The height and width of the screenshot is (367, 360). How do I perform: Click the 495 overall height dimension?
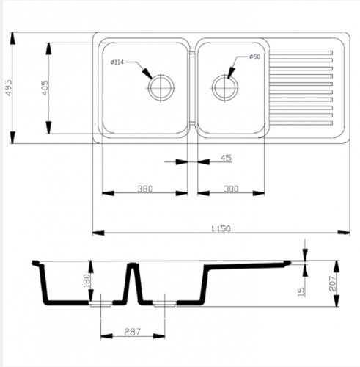coord(9,87)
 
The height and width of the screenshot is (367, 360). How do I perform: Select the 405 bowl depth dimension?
coord(45,88)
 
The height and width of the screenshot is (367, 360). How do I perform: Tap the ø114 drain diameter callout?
coord(117,62)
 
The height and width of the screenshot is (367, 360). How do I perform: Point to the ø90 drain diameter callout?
coord(254,57)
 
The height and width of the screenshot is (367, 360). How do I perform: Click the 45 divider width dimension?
coord(226,158)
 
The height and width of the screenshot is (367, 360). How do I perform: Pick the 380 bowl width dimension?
coord(144,189)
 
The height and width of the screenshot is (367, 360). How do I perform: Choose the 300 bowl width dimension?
coord(231,189)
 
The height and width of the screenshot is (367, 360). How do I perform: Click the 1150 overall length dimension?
coord(221,228)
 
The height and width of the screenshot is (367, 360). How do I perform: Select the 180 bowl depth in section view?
coord(87,281)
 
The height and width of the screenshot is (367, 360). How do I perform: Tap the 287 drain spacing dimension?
coord(133,332)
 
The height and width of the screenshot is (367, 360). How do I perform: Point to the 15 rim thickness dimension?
coord(301,291)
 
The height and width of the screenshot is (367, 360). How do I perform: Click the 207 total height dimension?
coord(333,283)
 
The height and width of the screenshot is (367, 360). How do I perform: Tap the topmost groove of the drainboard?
coord(301,53)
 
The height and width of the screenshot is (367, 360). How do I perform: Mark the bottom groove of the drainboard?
coord(301,123)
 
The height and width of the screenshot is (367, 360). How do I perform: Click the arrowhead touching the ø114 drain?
coord(147,73)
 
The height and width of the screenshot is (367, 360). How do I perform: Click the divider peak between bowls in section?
coord(133,264)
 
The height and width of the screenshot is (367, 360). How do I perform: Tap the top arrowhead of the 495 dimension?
coord(12,38)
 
